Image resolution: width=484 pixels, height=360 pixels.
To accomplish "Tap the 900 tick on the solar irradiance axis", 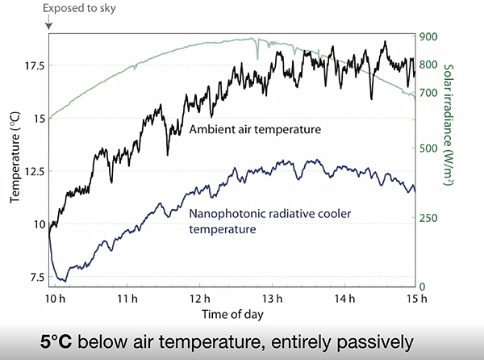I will (428, 36).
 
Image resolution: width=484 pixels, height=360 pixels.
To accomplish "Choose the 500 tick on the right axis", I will (428, 148).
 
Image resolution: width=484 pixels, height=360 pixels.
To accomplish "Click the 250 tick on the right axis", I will (428, 218).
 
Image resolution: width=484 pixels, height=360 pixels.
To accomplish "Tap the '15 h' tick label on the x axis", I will (415, 299).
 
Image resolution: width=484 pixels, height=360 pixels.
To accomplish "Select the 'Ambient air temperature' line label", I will (255, 128).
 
